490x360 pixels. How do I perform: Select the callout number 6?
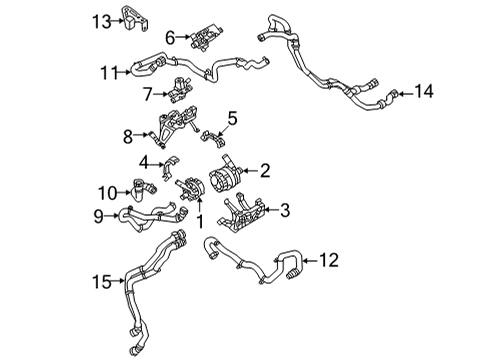[x=170, y=37]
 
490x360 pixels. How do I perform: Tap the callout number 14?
[x=425, y=91]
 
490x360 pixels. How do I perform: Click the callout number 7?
[x=147, y=95]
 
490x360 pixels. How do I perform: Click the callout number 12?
[x=330, y=261]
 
